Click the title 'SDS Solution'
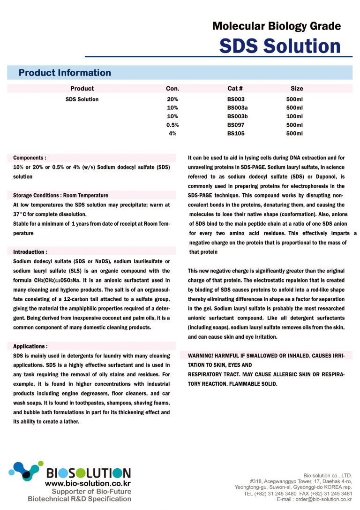[x=280, y=46]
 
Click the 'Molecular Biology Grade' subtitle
[x=277, y=26]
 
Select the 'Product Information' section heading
[x=65, y=73]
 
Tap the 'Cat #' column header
[x=235, y=88]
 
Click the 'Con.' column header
[x=172, y=88]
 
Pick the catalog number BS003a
[x=238, y=108]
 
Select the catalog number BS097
[x=236, y=125]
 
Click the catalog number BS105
[x=236, y=133]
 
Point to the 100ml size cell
[x=294, y=116]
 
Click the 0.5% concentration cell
[x=172, y=125]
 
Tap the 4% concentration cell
[x=172, y=133]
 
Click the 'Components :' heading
[x=30, y=158]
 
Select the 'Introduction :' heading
[x=30, y=252]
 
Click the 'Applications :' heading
[x=30, y=346]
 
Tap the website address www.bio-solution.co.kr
[x=88, y=482]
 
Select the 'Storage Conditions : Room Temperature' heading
[x=60, y=195]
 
